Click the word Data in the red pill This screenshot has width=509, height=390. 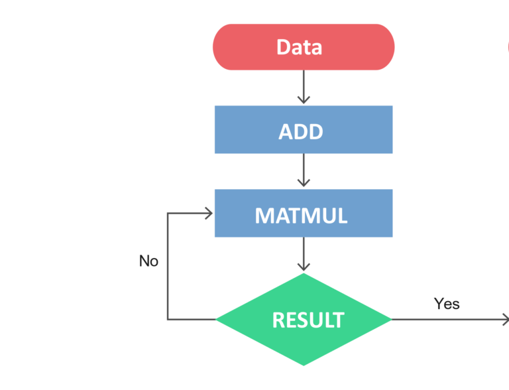pyautogui.click(x=299, y=47)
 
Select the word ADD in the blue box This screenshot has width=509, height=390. pyautogui.click(x=301, y=131)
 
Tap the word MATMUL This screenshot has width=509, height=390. pyautogui.click(x=301, y=216)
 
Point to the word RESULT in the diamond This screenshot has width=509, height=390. pyautogui.click(x=308, y=320)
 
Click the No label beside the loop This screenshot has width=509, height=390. pyautogui.click(x=148, y=261)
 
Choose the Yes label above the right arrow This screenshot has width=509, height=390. pyautogui.click(x=447, y=304)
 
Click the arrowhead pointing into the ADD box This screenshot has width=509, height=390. pyautogui.click(x=304, y=99)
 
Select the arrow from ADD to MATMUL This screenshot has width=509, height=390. pyautogui.click(x=304, y=170)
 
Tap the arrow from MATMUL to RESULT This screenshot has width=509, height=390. pyautogui.click(x=304, y=255)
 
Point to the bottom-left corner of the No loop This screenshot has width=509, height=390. pyautogui.click(x=168, y=320)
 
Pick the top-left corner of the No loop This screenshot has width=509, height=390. pyautogui.click(x=168, y=214)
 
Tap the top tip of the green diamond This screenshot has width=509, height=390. pyautogui.click(x=304, y=275)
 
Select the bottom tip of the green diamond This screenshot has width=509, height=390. pyautogui.click(x=304, y=365)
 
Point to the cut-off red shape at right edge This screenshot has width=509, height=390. pyautogui.click(x=508, y=47)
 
